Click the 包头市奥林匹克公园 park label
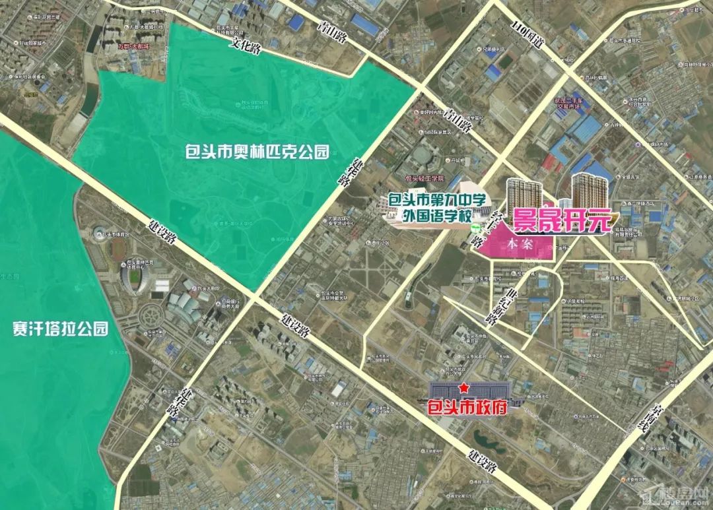(x=256, y=152)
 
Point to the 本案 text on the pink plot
(x=519, y=244)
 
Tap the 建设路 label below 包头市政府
(x=480, y=461)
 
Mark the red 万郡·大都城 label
(x=133, y=46)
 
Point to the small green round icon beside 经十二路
(x=474, y=228)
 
